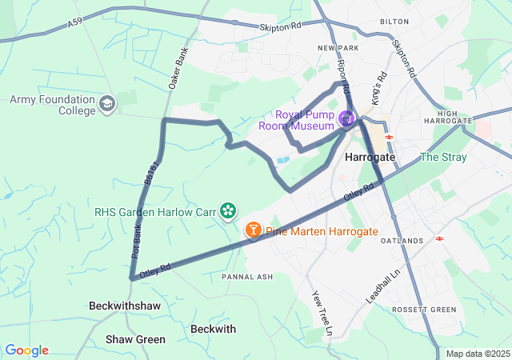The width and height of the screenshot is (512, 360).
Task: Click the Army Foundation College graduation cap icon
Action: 108,104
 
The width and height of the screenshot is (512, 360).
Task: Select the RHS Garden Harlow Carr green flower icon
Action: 229,211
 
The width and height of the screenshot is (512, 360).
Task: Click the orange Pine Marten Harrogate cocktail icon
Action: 254,231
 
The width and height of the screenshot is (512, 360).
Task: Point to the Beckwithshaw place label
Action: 125,306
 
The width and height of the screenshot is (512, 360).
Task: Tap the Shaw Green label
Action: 135,339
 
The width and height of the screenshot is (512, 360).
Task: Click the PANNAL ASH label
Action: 247,277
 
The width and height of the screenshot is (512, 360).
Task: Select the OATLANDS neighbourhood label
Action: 402,241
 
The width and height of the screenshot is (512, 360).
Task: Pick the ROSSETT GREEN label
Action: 423,310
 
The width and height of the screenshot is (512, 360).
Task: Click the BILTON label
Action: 394,22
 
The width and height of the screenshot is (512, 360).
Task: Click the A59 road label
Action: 74,25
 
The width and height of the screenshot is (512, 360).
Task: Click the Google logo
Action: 26,350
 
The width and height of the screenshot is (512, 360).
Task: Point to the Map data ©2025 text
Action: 478,354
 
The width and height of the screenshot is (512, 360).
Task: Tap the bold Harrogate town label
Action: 370,158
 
